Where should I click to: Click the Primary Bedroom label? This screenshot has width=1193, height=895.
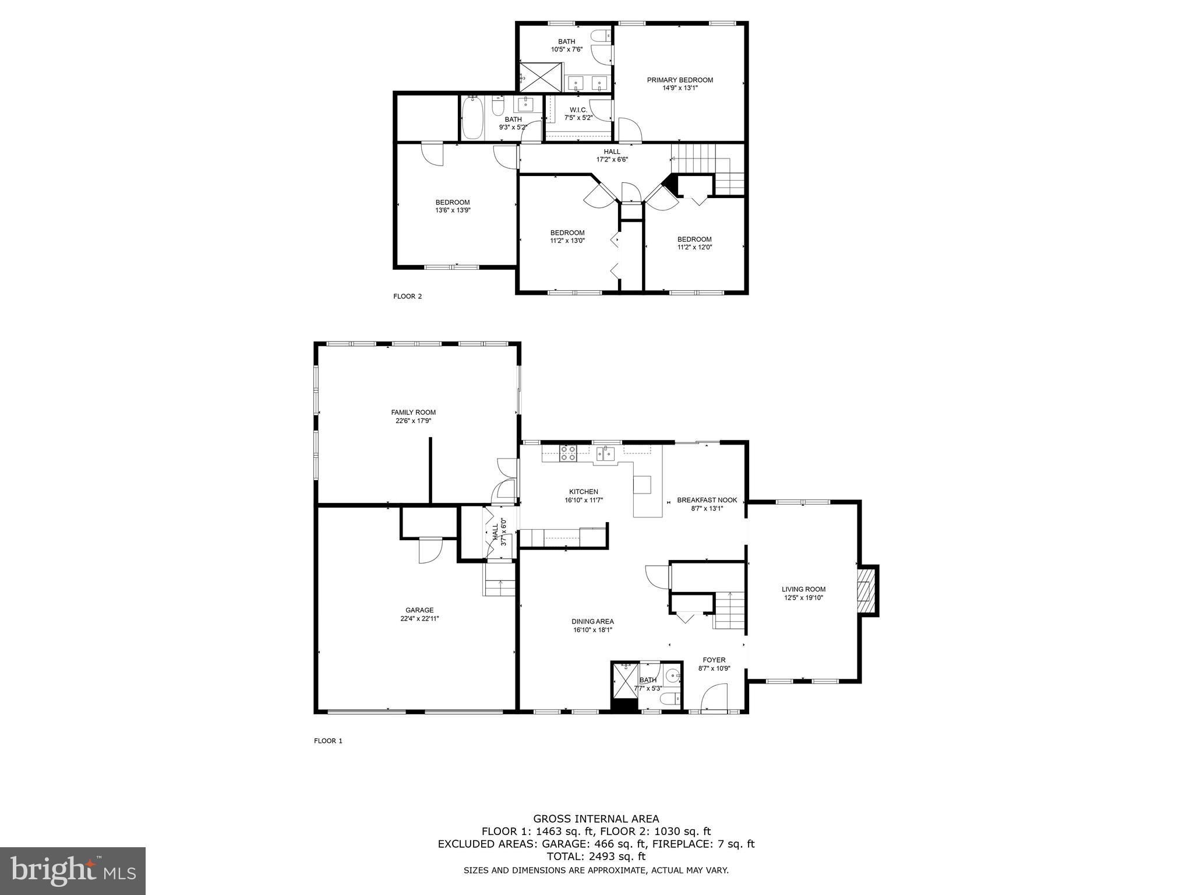point(680,80)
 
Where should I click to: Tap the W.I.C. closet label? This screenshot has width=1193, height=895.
point(578,110)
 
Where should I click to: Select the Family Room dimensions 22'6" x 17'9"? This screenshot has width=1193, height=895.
point(413,421)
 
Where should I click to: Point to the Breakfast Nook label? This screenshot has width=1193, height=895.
point(707,500)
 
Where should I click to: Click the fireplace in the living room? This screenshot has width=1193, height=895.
point(867,590)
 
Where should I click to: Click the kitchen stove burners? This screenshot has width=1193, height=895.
point(568,453)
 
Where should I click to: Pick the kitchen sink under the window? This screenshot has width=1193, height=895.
point(606,453)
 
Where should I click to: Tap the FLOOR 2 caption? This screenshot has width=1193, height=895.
point(407,296)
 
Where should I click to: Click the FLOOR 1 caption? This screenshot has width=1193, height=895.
point(328,741)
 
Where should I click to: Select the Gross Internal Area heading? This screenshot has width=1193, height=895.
point(596,819)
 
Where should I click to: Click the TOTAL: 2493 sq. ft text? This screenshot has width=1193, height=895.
point(596,856)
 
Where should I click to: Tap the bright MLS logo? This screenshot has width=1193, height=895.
point(73,871)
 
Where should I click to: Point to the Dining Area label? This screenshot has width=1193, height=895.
point(592,621)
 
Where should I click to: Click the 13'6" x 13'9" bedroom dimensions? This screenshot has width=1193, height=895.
point(452,210)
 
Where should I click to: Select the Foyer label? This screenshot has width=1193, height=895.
point(714,660)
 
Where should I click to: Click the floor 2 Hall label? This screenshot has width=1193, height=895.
point(612,151)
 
